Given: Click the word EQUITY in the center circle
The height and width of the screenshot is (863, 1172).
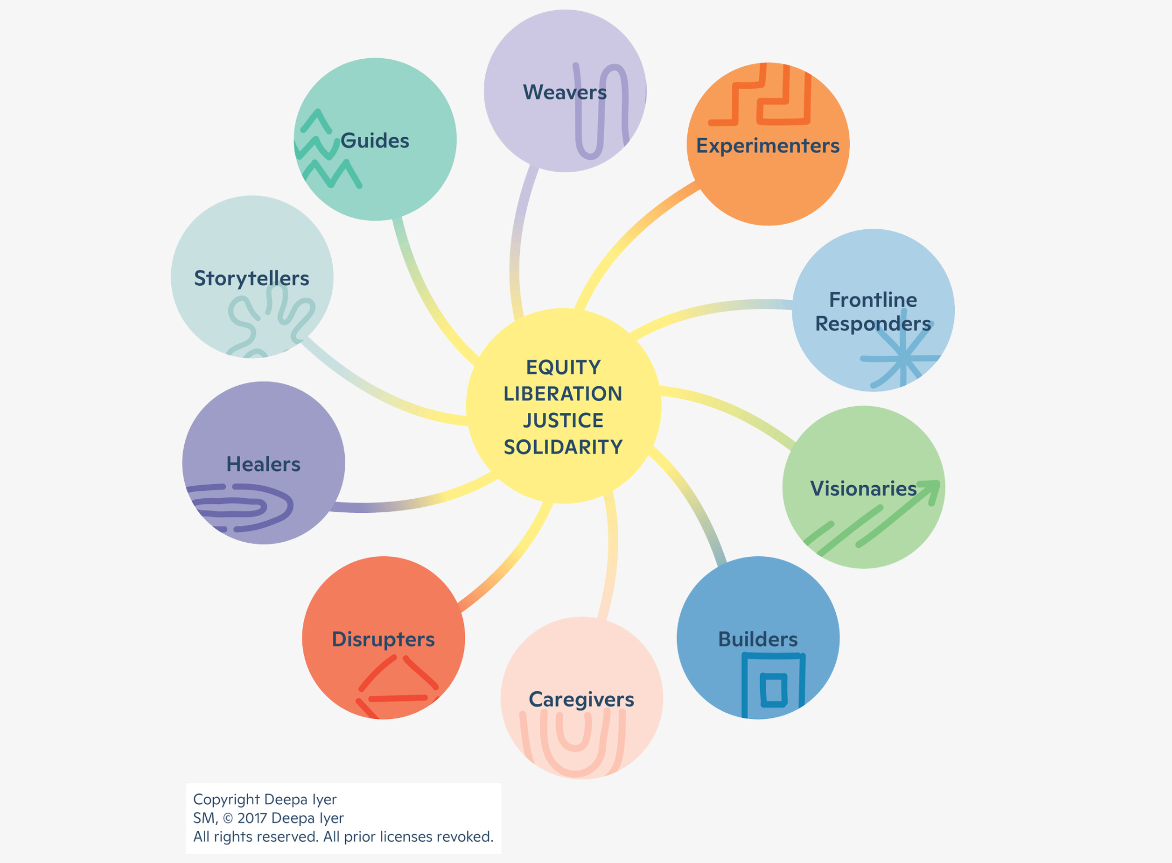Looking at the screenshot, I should coord(563,368).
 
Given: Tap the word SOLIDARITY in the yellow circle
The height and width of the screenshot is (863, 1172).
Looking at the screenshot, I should coord(563,447).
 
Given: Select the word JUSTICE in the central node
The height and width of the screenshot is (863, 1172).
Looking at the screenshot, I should coord(563,421).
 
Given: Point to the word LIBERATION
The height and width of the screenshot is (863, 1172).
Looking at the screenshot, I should coord(563,394).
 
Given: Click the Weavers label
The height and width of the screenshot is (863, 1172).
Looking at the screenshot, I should coord(565,92).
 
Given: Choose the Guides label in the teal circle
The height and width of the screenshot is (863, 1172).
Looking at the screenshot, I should coord(375,141).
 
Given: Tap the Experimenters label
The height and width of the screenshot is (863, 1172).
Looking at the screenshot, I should coord(767,146).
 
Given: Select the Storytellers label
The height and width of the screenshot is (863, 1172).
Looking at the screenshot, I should coord(251,278).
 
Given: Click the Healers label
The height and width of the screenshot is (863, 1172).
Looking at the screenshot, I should coord(263,464).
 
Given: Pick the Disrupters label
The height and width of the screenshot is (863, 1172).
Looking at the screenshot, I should coord(383,639).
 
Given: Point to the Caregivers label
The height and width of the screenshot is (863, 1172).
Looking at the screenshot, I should coord(581,699).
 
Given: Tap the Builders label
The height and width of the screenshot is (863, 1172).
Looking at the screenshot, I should coord(758,639).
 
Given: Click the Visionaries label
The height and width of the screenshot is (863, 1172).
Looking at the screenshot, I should coord(863,489).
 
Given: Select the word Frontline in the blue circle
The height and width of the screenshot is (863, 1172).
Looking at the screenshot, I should coord(873,300).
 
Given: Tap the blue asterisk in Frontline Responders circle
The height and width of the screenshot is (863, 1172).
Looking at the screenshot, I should coord(903,358).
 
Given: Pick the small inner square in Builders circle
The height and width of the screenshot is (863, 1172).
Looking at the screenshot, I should coord(774,690).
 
